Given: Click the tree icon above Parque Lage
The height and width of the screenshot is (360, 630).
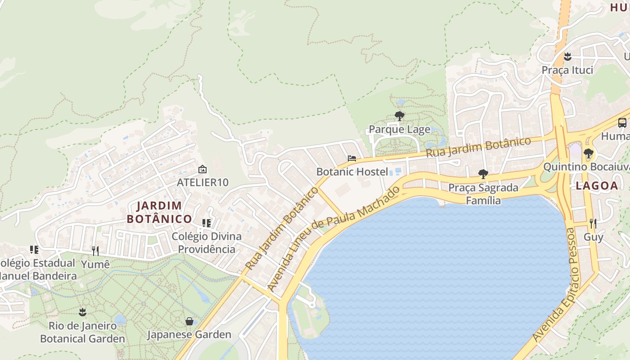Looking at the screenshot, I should pyautogui.click(x=399, y=116).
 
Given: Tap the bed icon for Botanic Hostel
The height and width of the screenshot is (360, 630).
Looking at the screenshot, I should pyautogui.click(x=352, y=158).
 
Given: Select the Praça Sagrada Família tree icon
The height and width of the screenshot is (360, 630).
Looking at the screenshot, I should pyautogui.click(x=483, y=174).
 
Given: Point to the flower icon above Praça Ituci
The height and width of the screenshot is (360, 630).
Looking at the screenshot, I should pyautogui.click(x=567, y=57).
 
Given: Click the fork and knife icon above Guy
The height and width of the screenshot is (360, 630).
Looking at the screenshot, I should pyautogui.click(x=593, y=224).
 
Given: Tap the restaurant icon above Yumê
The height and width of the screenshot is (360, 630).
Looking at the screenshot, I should pyautogui.click(x=95, y=251).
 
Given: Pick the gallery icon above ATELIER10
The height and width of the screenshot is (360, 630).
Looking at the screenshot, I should pyautogui.click(x=202, y=170).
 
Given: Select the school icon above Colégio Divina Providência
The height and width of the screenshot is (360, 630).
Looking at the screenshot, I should pyautogui.click(x=207, y=223).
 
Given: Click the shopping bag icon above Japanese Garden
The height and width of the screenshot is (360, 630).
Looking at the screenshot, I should pyautogui.click(x=189, y=321).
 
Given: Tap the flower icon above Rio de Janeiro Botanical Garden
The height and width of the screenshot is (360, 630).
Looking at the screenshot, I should pyautogui.click(x=82, y=312).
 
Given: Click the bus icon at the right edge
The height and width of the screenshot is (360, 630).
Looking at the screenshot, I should pyautogui.click(x=622, y=122).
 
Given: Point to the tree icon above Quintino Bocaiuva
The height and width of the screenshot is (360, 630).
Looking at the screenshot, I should pyautogui.click(x=588, y=153).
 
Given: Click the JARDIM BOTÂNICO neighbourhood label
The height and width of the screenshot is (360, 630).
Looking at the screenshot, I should pyautogui.click(x=159, y=212).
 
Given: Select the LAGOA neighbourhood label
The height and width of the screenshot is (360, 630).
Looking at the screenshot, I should pyautogui.click(x=597, y=186).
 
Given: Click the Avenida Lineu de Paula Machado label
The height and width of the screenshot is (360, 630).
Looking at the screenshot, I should pyautogui.click(x=333, y=238).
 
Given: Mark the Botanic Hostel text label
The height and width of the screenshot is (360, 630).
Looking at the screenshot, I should pyautogui.click(x=352, y=171).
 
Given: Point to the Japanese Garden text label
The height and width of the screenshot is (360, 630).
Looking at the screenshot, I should pyautogui.click(x=189, y=334).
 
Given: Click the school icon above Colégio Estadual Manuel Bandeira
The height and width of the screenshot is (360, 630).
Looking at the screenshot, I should pyautogui.click(x=34, y=249).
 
